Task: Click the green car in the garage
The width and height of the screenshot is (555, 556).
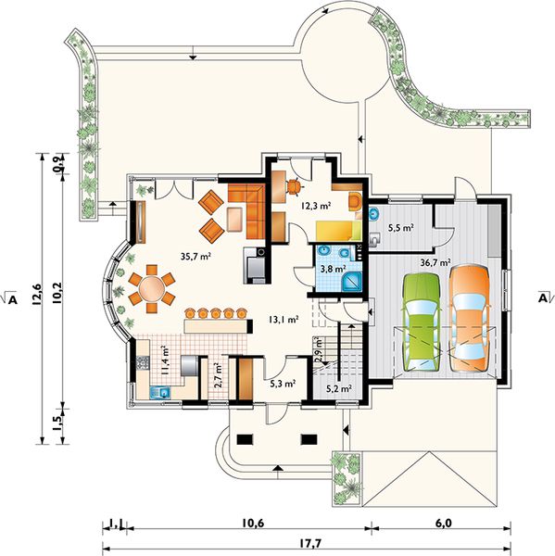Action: [422, 322]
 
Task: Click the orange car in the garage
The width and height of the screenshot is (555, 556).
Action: [469, 318]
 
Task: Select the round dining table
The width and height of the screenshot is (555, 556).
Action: [151, 288]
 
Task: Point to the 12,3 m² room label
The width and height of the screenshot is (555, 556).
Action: [316, 206]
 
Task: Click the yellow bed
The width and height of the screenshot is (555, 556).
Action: [338, 231]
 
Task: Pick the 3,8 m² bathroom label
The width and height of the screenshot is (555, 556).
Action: [333, 269]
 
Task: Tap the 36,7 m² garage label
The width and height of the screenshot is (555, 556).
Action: [435, 262]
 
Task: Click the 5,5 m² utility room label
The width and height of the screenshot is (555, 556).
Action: [401, 228]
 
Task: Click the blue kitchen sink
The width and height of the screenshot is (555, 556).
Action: [160, 393]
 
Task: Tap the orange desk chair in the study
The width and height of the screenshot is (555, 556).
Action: [295, 186]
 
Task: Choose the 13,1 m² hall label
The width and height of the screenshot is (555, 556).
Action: [283, 320]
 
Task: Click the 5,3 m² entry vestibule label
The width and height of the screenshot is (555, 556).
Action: [283, 384]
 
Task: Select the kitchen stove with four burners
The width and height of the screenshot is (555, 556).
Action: [143, 362]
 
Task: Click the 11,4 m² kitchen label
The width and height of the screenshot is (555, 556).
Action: [164, 360]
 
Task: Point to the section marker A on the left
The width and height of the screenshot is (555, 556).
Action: [12, 300]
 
